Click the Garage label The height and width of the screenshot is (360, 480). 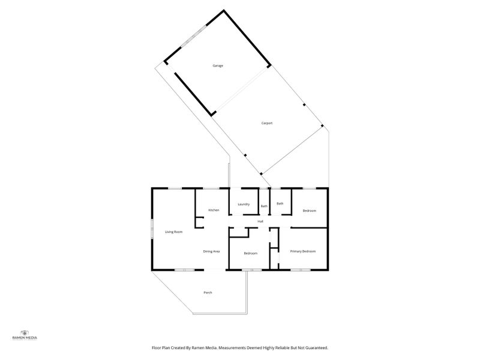pyautogui.click(x=218, y=65)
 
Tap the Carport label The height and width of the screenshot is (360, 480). pyautogui.click(x=266, y=123)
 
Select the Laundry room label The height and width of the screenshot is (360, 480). pyautogui.click(x=244, y=204)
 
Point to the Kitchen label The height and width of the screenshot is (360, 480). pyautogui.click(x=214, y=210)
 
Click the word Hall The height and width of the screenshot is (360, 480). pyautogui.click(x=260, y=221)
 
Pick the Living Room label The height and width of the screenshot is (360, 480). pyautogui.click(x=173, y=232)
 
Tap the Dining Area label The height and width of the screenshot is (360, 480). pyautogui.click(x=211, y=251)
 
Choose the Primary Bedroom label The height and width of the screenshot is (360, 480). pyautogui.click(x=302, y=251)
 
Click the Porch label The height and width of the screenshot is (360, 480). pyautogui.click(x=208, y=293)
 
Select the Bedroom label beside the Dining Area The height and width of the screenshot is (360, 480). pyautogui.click(x=250, y=253)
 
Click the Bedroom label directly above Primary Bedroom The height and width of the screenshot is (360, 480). pyautogui.click(x=309, y=211)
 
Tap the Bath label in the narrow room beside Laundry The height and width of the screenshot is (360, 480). pyautogui.click(x=264, y=206)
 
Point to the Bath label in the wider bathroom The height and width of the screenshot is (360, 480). pyautogui.click(x=280, y=203)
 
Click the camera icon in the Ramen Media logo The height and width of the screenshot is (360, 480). pyautogui.click(x=25, y=333)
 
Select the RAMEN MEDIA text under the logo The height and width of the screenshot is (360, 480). pyautogui.click(x=25, y=338)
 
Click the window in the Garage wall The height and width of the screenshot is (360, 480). pyautogui.click(x=194, y=37)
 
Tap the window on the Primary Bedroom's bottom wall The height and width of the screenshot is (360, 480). pyautogui.click(x=301, y=270)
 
